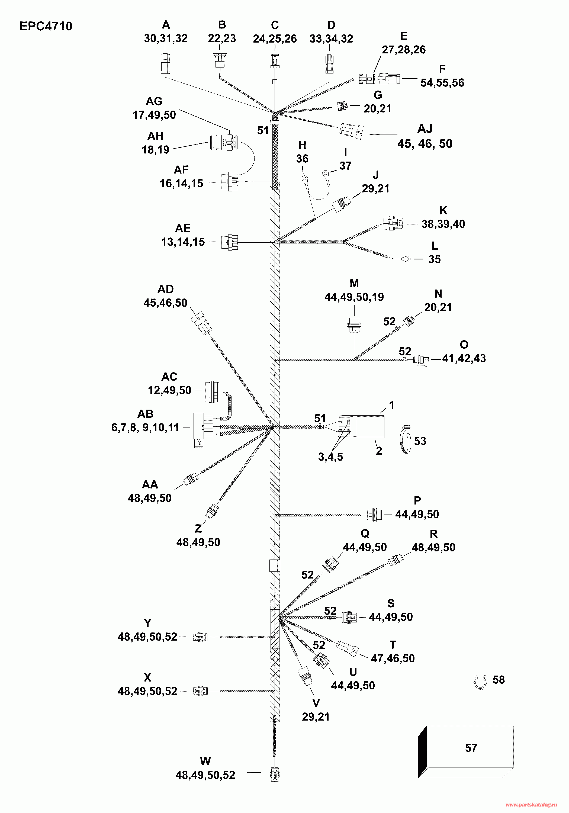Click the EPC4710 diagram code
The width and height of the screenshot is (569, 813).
(x=46, y=26)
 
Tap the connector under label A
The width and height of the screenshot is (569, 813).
(x=165, y=63)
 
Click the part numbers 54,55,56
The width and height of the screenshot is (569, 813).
(x=442, y=83)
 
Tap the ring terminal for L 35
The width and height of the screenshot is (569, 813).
(x=407, y=259)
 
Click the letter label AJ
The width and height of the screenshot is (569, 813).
(x=425, y=129)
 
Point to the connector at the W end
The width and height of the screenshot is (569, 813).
(x=275, y=775)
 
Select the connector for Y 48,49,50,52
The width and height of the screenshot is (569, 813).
(x=200, y=637)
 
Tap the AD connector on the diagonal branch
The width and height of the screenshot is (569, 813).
(x=201, y=323)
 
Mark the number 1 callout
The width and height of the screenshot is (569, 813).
(x=392, y=405)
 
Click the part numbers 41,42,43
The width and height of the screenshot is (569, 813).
(x=464, y=358)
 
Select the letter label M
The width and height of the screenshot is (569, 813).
(x=354, y=284)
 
